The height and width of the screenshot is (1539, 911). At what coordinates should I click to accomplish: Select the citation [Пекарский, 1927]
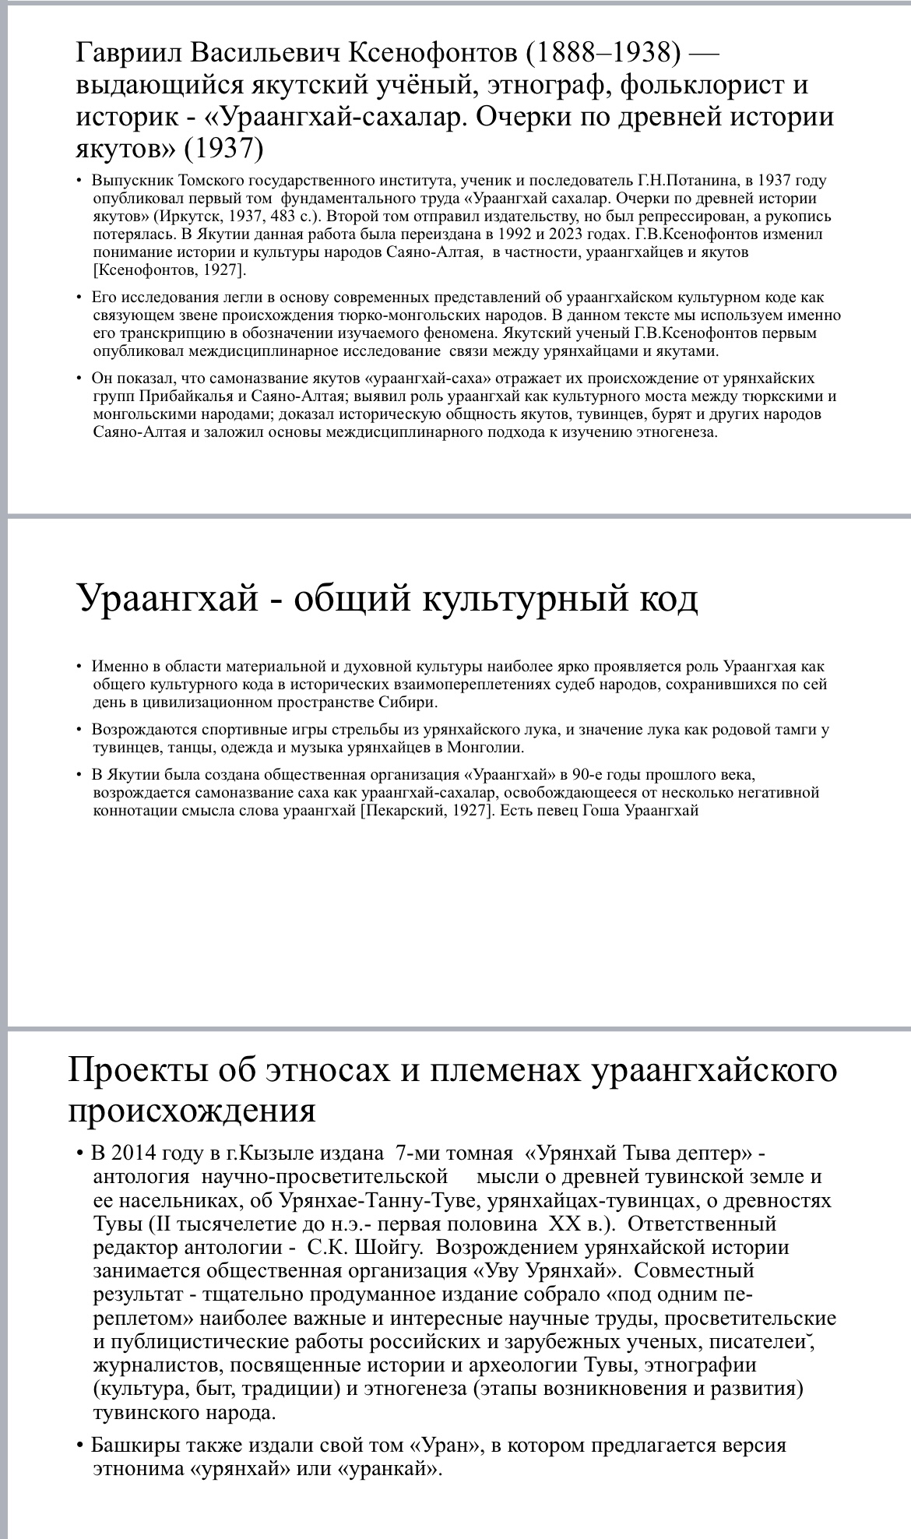(x=426, y=810)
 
